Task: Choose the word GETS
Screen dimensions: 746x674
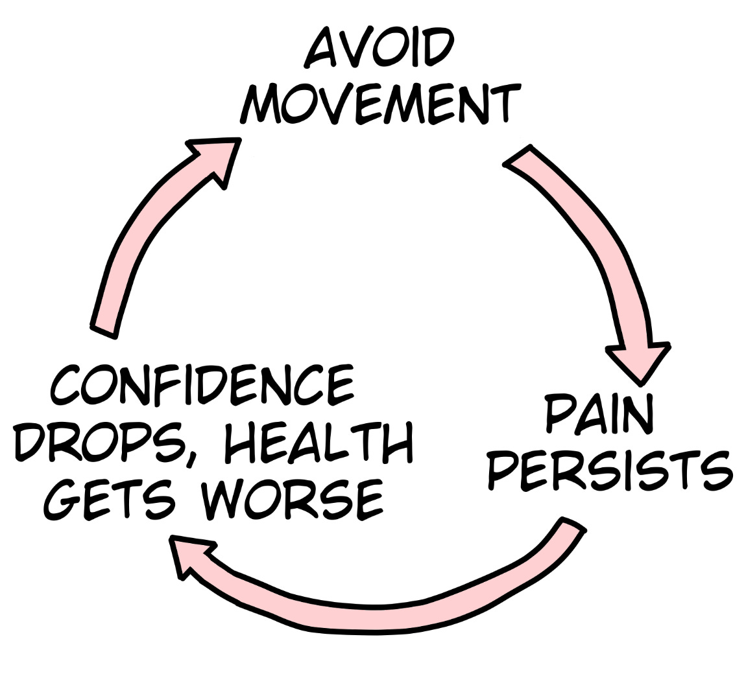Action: point(111,500)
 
